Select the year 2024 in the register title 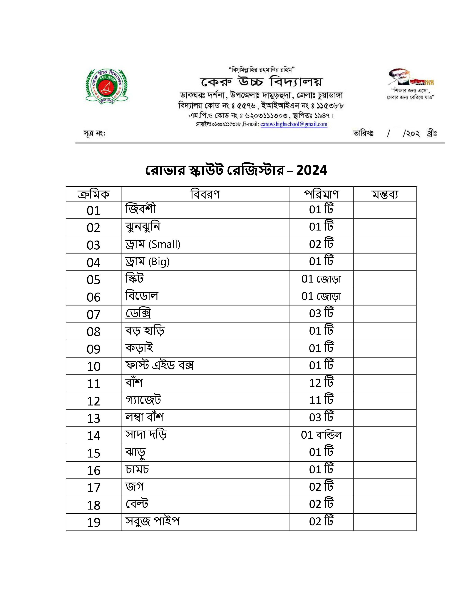312,170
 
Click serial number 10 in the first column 93,366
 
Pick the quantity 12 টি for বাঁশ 321,383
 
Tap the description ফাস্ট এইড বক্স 160,365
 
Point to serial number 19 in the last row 93,522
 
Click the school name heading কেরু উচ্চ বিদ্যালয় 261,82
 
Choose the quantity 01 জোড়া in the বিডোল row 321,296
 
